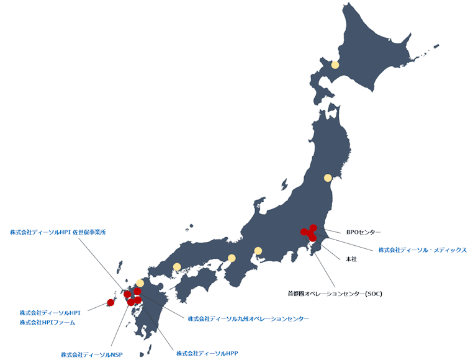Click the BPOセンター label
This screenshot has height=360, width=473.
tap(363, 232)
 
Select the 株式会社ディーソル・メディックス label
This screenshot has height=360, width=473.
tap(422, 250)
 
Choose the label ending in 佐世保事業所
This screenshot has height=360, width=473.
tap(58, 232)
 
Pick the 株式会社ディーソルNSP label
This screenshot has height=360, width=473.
tap(92, 354)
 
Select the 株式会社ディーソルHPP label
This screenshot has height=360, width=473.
tap(207, 353)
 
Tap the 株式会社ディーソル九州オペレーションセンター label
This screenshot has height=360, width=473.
tap(248, 318)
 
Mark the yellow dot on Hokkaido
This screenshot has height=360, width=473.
tap(335, 65)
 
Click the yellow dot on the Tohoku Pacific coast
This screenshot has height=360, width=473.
tap(328, 178)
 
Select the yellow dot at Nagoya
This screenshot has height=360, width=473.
tap(258, 251)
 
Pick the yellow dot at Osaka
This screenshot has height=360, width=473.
tap(232, 258)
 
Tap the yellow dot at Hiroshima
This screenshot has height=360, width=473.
tap(177, 267)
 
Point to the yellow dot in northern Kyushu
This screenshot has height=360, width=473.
tap(140, 283)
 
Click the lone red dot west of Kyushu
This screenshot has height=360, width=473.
tap(110, 302)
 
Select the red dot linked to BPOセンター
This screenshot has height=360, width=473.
tap(313, 228)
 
